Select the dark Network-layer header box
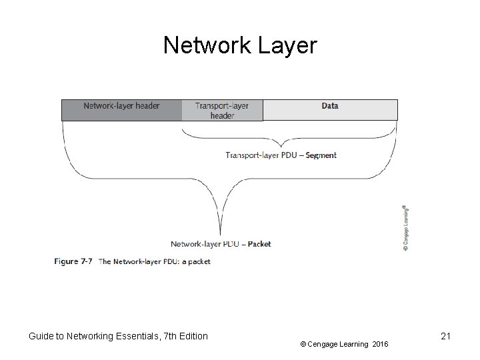(x=121, y=110)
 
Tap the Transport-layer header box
(x=222, y=110)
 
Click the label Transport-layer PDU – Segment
(x=281, y=155)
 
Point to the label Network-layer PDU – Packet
(x=221, y=244)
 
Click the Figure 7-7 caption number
(x=73, y=261)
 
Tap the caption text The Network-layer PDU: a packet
(x=155, y=261)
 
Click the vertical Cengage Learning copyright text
(x=406, y=227)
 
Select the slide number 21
(x=446, y=337)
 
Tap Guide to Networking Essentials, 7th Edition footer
(x=118, y=337)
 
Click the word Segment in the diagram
(x=321, y=155)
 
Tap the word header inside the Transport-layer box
(x=222, y=115)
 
